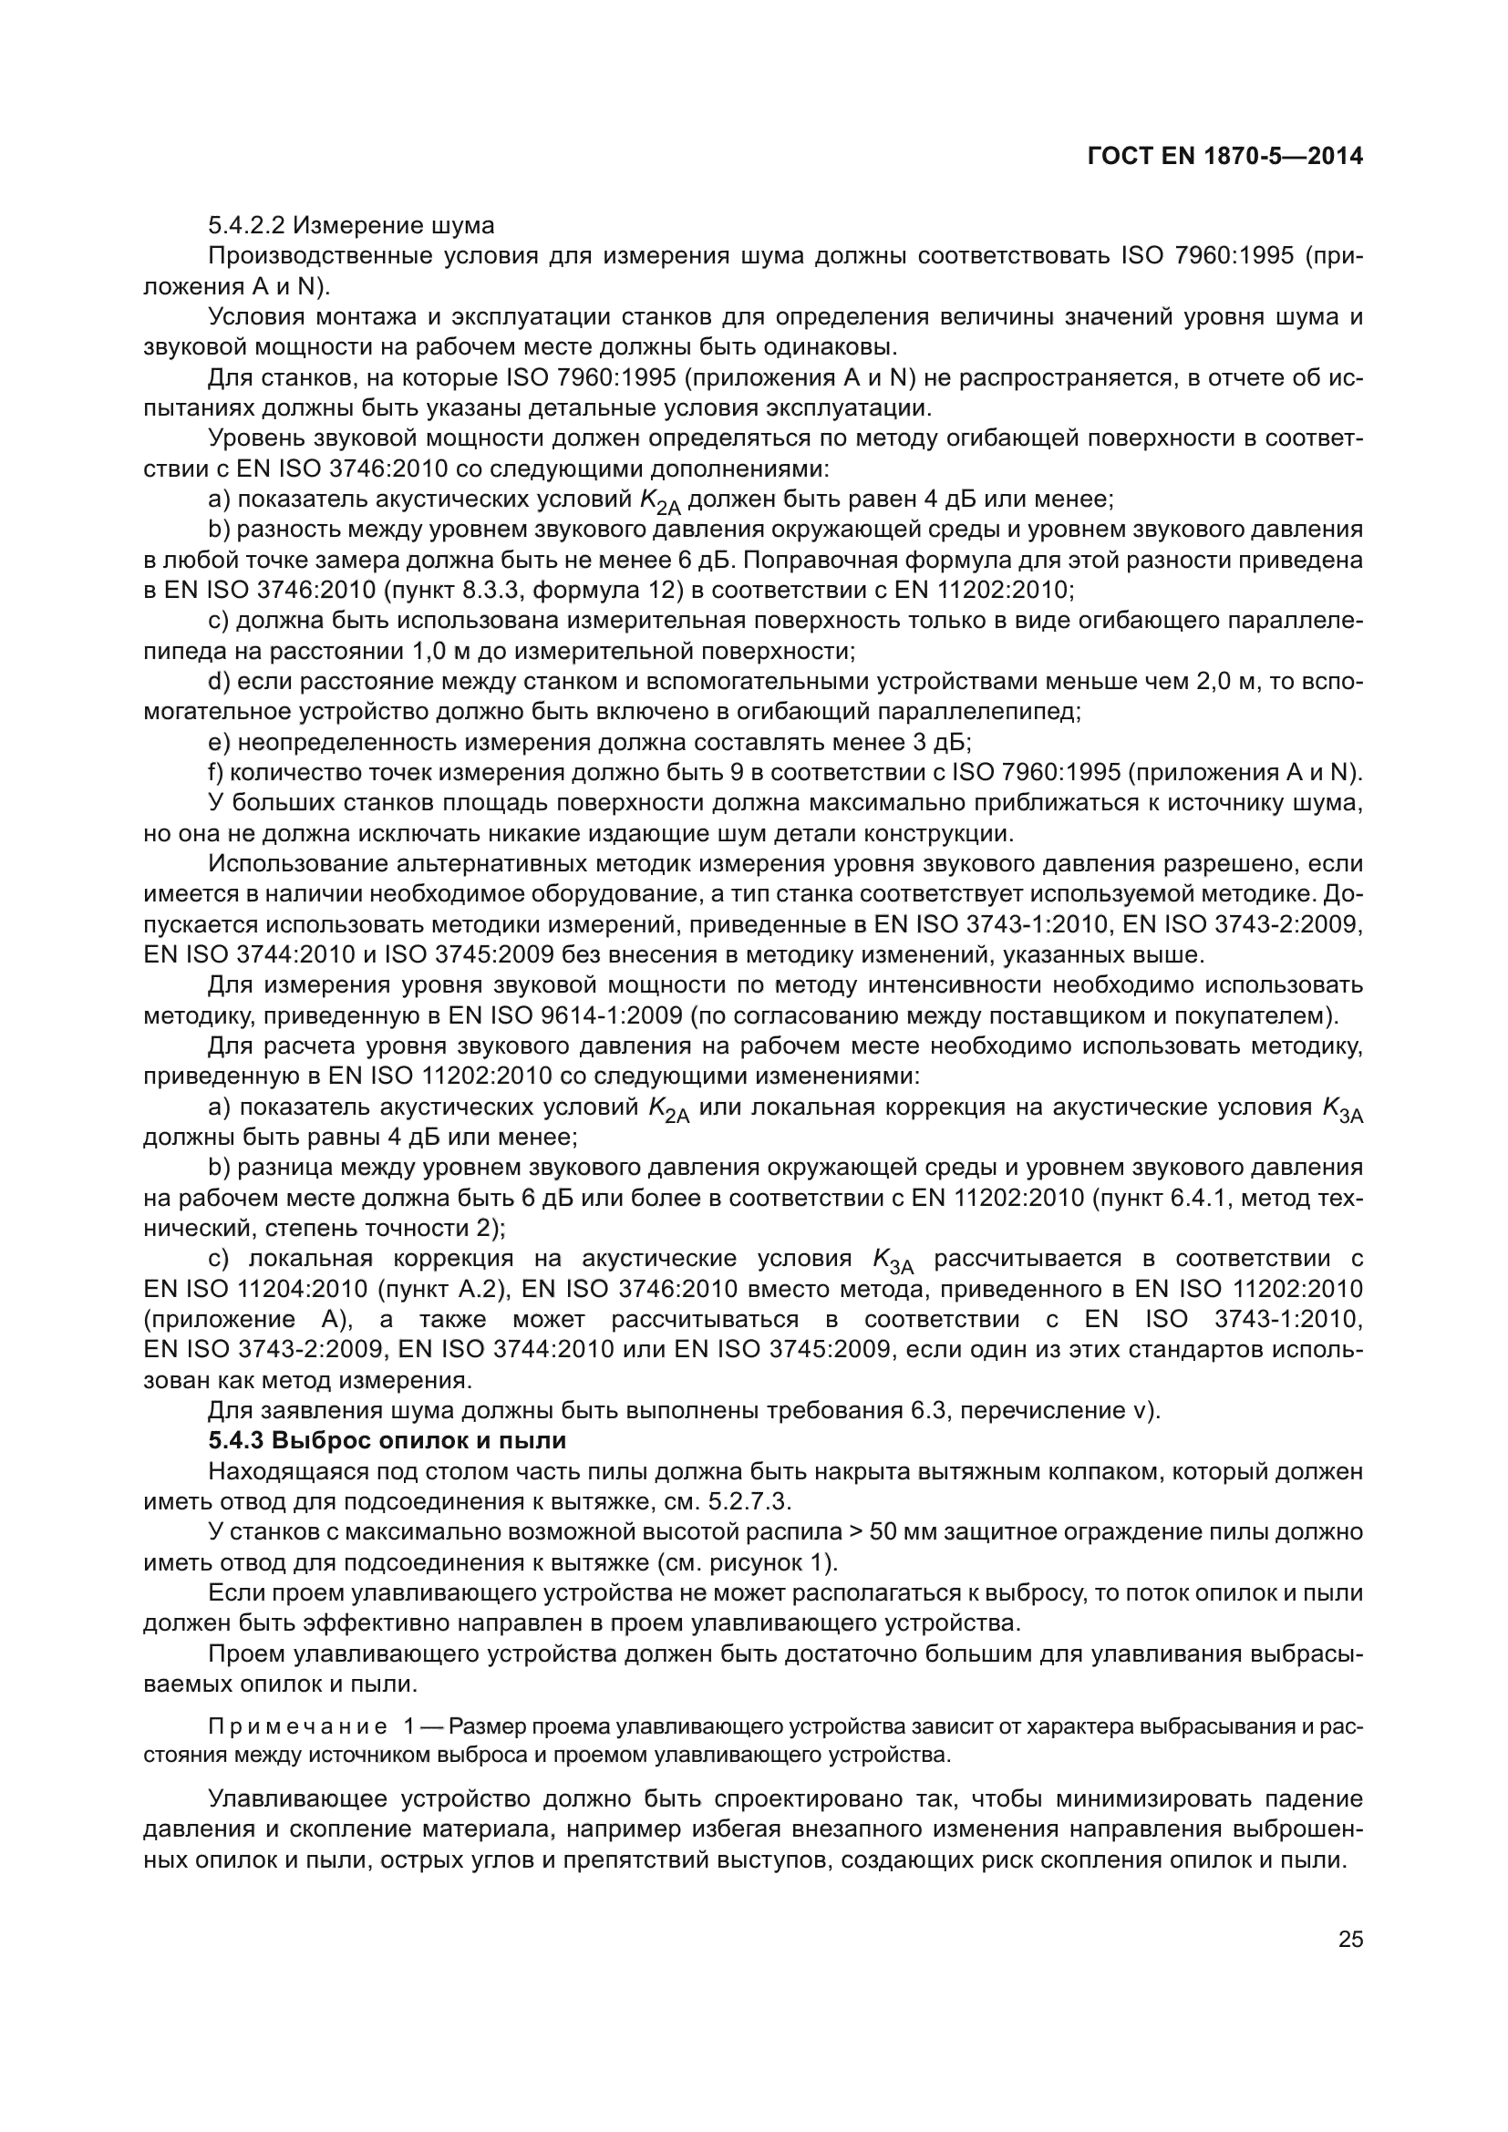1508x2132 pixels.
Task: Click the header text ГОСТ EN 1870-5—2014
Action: (x=1224, y=157)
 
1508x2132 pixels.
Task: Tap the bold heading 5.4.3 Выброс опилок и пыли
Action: (x=387, y=1441)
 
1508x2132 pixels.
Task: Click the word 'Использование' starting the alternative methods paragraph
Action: (x=296, y=863)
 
